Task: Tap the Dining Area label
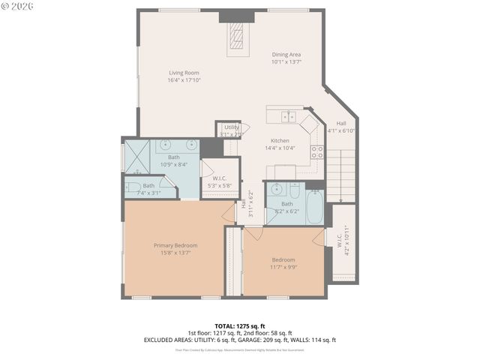(x=286, y=55)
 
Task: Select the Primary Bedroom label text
(x=175, y=245)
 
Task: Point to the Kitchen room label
(x=280, y=140)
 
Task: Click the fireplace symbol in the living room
(x=237, y=35)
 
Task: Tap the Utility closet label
(x=231, y=127)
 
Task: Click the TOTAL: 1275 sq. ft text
(x=239, y=326)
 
